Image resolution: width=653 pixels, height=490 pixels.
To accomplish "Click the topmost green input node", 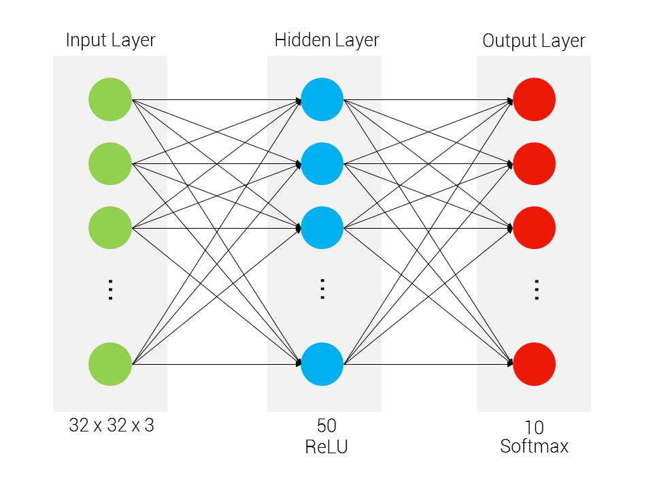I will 110,100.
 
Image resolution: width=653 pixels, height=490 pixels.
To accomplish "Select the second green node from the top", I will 110,163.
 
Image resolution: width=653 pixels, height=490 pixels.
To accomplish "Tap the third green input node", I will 110,227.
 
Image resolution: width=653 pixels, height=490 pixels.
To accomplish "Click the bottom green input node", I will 110,364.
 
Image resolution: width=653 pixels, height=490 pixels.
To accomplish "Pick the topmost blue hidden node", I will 322,100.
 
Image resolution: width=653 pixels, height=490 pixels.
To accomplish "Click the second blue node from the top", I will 322,163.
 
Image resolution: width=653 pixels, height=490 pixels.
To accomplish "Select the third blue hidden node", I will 322,227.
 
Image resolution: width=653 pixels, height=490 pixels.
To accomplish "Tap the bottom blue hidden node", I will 322,364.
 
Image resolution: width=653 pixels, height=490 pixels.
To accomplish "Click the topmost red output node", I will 534,100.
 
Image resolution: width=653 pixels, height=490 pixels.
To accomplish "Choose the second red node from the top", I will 534,163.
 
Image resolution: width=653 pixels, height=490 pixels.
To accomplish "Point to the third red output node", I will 534,227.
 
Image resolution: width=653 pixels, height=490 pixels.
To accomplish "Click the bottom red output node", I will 534,364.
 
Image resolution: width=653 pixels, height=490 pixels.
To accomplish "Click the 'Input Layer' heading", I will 110,40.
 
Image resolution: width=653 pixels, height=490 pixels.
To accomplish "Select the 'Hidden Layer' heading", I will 326,40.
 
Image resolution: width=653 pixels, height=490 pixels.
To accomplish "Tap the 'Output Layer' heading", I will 534,41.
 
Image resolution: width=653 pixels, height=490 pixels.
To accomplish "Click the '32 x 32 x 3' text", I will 112,426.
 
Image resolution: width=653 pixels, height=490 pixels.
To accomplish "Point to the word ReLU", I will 326,446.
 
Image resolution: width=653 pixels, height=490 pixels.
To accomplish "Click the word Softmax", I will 534,446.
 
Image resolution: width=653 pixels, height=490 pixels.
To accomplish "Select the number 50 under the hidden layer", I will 326,427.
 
